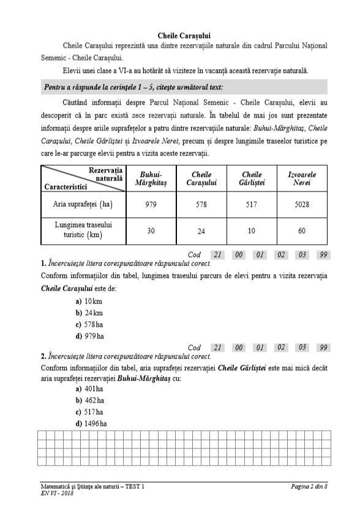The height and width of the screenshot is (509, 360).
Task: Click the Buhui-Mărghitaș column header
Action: (151, 179)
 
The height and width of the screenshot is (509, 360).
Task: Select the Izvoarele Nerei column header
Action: (302, 179)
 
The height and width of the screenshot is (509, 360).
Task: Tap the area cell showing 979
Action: (151, 205)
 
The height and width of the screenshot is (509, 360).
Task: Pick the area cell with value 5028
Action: (302, 205)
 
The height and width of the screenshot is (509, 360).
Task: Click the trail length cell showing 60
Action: (302, 231)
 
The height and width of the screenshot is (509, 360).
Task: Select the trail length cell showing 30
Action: (151, 231)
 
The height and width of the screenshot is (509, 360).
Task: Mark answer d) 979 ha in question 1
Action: (89, 336)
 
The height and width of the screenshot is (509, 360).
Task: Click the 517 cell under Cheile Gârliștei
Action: (252, 205)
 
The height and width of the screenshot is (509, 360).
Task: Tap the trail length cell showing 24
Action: (201, 231)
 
